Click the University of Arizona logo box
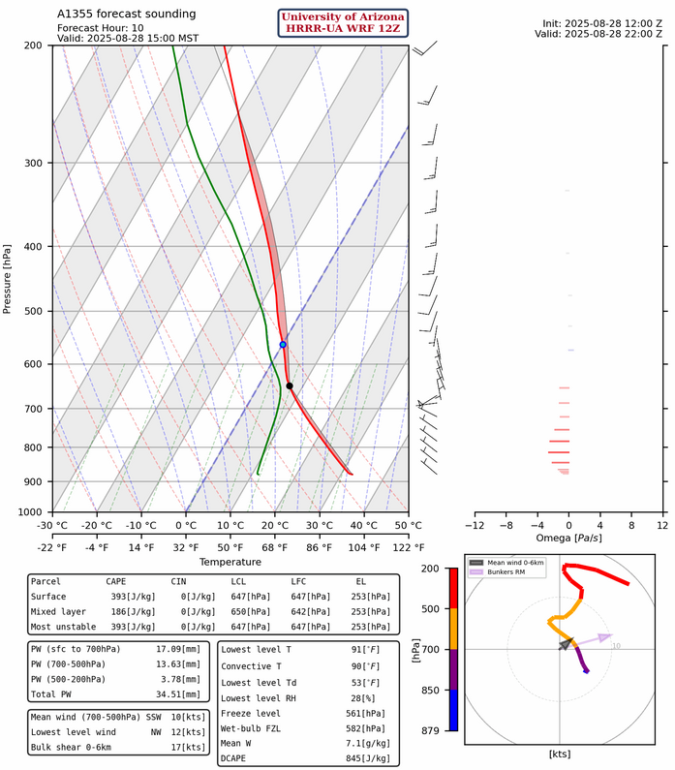[343, 22]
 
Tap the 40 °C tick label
[364, 525]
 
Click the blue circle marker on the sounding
[283, 345]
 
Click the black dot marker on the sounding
[290, 386]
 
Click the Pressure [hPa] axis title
[8, 278]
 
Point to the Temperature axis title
[230, 562]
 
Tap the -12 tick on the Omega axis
[475, 525]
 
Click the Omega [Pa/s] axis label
[568, 538]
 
